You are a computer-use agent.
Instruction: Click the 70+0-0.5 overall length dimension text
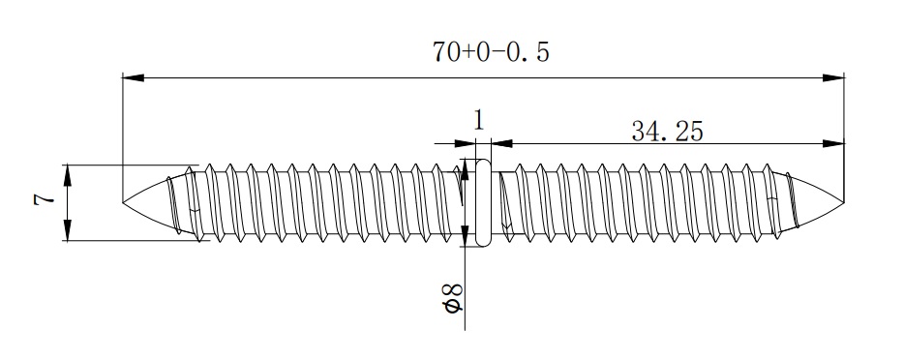(x=491, y=52)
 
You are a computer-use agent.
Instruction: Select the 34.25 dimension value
(x=667, y=132)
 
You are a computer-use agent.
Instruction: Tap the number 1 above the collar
(x=478, y=120)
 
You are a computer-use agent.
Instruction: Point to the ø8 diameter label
(x=453, y=298)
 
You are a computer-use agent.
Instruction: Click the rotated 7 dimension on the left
(x=44, y=199)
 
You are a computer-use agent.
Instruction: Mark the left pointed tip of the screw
(x=123, y=202)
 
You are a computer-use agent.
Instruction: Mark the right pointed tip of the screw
(x=843, y=202)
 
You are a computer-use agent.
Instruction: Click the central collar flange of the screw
(x=483, y=202)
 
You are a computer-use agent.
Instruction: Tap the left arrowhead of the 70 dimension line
(x=134, y=77)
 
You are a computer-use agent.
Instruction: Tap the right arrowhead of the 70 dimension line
(x=833, y=77)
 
